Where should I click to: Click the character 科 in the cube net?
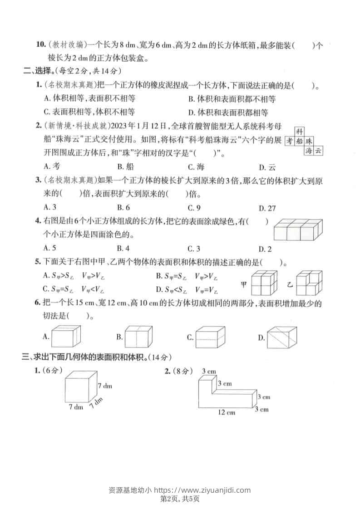click(x=299, y=132)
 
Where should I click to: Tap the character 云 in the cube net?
click(x=318, y=151)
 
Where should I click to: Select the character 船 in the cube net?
click(x=299, y=141)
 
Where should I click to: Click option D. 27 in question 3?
click(x=267, y=208)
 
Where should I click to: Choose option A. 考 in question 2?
click(x=51, y=166)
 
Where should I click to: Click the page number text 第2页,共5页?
click(x=180, y=499)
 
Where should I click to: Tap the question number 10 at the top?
click(x=40, y=45)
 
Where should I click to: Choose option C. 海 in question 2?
click(x=196, y=166)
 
